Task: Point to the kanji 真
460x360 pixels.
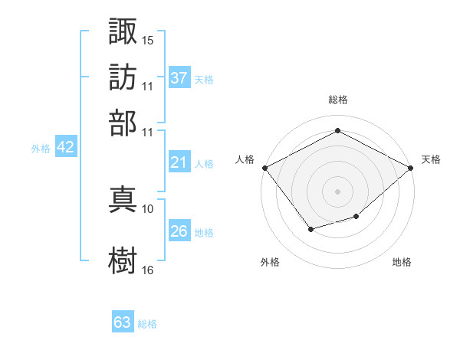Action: click(x=123, y=198)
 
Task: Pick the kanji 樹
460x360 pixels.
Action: click(x=123, y=260)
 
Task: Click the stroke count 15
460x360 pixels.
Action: click(x=148, y=39)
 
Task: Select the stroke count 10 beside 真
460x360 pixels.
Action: click(x=148, y=208)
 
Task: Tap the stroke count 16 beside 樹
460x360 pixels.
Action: click(x=148, y=270)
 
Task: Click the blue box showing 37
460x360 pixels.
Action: click(x=179, y=77)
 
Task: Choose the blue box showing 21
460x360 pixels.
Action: click(x=179, y=162)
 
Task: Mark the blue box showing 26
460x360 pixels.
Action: click(x=179, y=231)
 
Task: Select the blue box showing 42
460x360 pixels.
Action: click(x=65, y=148)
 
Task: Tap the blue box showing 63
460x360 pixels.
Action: click(x=123, y=322)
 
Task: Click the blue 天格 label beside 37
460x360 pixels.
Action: click(x=204, y=79)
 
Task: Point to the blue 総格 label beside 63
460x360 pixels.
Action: click(x=147, y=324)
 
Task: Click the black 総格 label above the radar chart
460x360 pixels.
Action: click(x=338, y=100)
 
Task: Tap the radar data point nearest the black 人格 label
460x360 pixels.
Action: click(x=264, y=168)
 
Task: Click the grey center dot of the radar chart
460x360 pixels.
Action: click(x=338, y=191)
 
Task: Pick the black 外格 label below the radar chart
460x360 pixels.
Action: click(x=270, y=262)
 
